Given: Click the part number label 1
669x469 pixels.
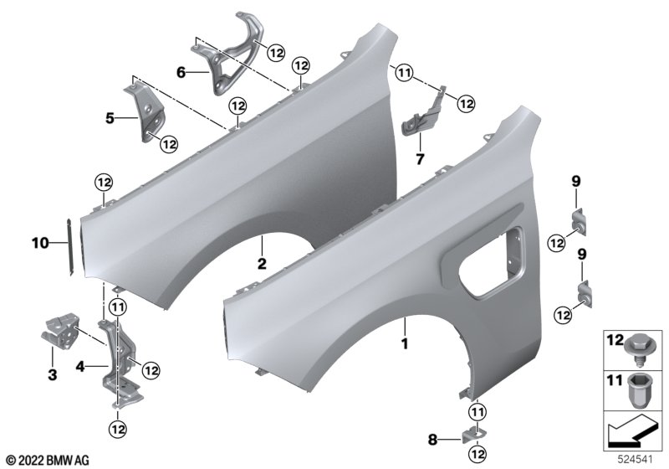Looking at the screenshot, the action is pos(405,344).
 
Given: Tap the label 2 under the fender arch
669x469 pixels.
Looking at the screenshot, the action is pos(262,264).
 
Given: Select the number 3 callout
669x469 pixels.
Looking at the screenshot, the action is pos(52,375).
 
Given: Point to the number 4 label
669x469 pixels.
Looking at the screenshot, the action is pos(80,366).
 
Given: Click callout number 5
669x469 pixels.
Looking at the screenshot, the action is pos(110,118).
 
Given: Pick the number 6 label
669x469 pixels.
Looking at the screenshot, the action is pos(181,73).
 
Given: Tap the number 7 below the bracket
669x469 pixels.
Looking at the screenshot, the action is pos(420,159).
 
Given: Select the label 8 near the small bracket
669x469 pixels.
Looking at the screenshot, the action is pos(432,440).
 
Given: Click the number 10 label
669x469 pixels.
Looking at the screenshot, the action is pos(40,244).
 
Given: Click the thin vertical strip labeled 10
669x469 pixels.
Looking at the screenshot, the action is pos(70,247).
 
